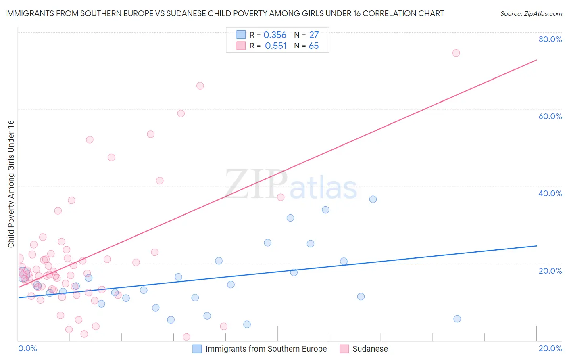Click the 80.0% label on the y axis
550,39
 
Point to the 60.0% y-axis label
550,116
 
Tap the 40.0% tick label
550,193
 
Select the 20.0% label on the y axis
550,271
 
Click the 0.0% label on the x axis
27,348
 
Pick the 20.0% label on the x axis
550,348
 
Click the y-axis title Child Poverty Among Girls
11,184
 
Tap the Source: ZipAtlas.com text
531,14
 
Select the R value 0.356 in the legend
275,35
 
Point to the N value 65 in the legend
313,46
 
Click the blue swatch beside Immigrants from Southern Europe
197,349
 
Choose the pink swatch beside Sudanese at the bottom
344,349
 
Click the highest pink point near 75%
456,53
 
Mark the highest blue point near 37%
373,199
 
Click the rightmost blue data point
457,319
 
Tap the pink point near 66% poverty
200,86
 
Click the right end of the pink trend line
536,60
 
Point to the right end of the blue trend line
536,246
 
